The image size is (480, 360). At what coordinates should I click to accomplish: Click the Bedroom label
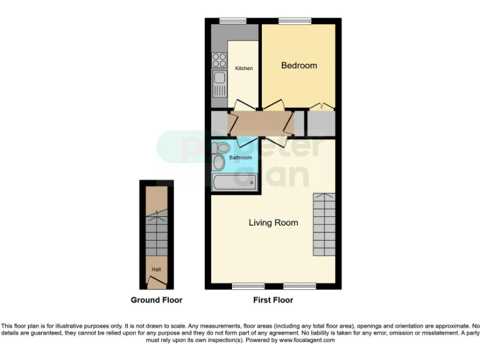coord(299,65)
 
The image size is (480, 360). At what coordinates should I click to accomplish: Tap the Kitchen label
coord(244,68)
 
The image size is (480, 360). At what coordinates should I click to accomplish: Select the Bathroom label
coord(241,157)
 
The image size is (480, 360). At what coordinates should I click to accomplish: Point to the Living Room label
coord(273,222)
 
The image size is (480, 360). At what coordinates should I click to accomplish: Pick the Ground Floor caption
coord(156,300)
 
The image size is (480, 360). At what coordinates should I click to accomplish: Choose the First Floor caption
coord(273,300)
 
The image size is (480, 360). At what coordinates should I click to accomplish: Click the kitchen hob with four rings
coord(219,60)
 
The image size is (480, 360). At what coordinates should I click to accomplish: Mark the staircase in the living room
coord(324,225)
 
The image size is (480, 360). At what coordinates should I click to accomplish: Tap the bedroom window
coord(290,21)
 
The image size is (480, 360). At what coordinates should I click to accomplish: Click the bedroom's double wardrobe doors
coord(320,104)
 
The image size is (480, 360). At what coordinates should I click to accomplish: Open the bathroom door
coord(245,142)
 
